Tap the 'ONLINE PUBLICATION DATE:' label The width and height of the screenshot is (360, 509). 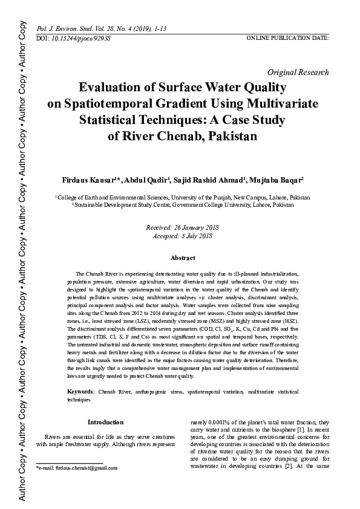pos(287,37)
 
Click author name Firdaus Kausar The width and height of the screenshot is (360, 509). pos(88,181)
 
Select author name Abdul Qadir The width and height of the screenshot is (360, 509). pos(146,181)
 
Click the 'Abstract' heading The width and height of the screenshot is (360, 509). pos(183,258)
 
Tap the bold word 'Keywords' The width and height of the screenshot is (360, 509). pos(80,392)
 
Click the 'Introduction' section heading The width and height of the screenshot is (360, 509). pos(105,422)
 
